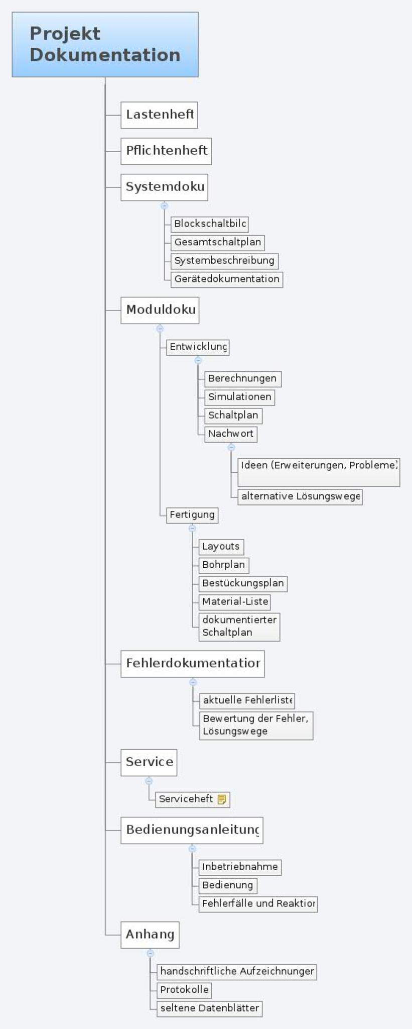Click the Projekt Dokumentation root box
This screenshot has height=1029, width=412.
pyautogui.click(x=105, y=44)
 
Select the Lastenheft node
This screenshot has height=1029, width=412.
pyautogui.click(x=159, y=115)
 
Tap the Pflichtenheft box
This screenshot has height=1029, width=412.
pyautogui.click(x=166, y=151)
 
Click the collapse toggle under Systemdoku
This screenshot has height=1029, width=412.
pyautogui.click(x=164, y=205)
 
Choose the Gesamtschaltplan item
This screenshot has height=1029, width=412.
pyautogui.click(x=217, y=242)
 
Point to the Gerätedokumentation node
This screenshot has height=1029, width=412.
pyautogui.click(x=227, y=279)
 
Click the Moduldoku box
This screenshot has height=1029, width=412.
pyautogui.click(x=160, y=310)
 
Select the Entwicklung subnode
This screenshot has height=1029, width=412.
pyautogui.click(x=198, y=347)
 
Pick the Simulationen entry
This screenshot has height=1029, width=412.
pyautogui.click(x=239, y=397)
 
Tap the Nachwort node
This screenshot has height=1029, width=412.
pyautogui.click(x=231, y=434)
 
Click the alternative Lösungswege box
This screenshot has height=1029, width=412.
pyautogui.click(x=300, y=496)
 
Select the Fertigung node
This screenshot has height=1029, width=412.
pyautogui.click(x=192, y=514)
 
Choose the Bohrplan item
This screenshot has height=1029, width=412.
pyautogui.click(x=224, y=565)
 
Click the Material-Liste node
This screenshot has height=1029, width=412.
pyautogui.click(x=235, y=601)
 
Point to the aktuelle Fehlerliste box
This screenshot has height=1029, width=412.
pyautogui.click(x=247, y=700)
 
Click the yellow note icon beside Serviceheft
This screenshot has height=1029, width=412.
pyautogui.click(x=222, y=799)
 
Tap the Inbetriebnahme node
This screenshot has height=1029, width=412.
pyautogui.click(x=240, y=867)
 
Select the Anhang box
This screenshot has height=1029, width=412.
pyautogui.click(x=150, y=935)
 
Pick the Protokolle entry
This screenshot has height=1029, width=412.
pyautogui.click(x=184, y=990)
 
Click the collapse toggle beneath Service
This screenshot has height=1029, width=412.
pyautogui.click(x=149, y=781)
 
